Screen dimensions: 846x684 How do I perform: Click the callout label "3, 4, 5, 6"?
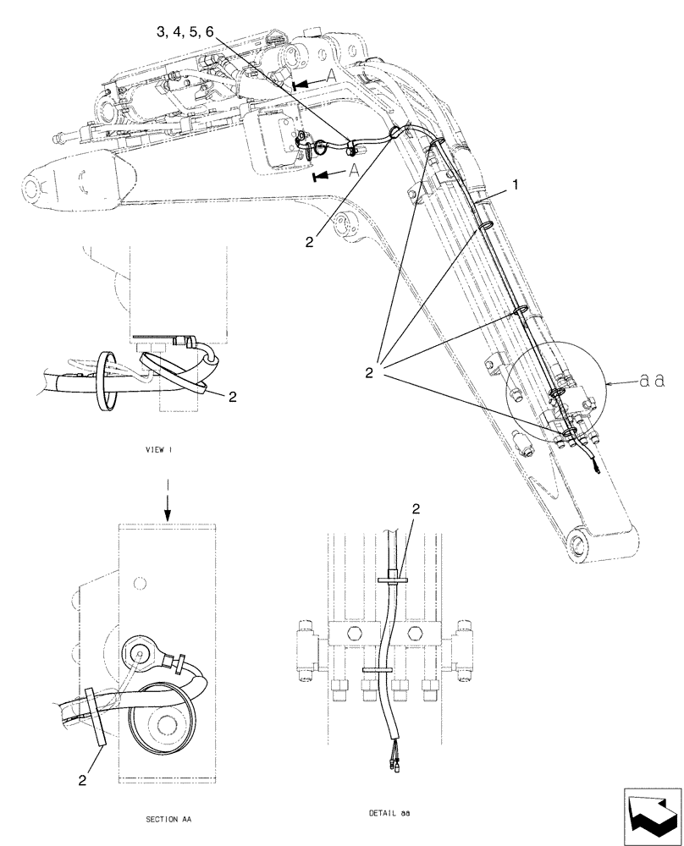(185, 31)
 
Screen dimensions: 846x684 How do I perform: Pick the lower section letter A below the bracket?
(353, 169)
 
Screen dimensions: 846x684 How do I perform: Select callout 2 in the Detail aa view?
(416, 508)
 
